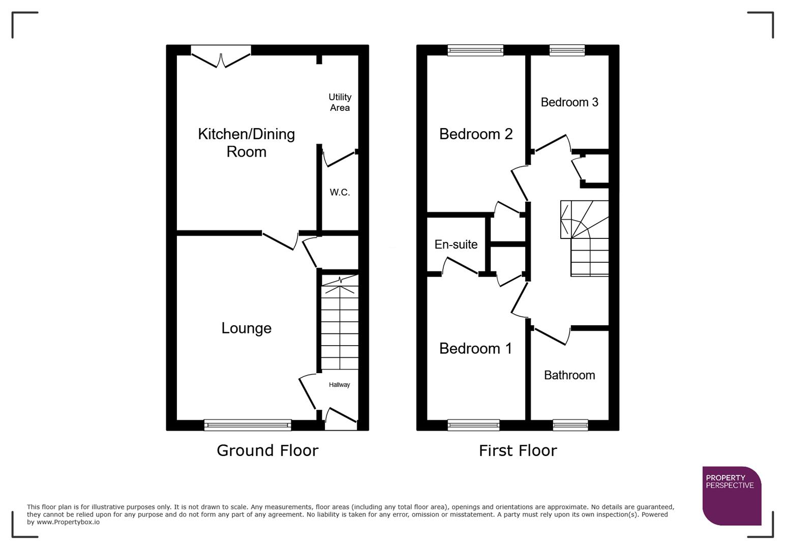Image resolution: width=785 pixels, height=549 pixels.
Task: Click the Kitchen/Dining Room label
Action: pos(246,143)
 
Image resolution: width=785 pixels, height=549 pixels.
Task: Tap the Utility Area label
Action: pos(340,102)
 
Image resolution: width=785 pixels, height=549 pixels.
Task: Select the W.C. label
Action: pos(340,192)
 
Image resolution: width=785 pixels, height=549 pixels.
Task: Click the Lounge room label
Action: pos(246,328)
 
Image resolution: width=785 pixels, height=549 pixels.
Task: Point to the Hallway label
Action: pos(339,385)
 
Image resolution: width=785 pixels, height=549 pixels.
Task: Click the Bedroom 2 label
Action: pos(475,134)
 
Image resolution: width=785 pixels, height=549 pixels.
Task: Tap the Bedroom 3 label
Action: pos(569,102)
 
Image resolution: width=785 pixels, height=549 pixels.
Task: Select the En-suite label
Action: pos(456,245)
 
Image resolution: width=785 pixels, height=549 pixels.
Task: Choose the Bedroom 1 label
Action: pos(475,349)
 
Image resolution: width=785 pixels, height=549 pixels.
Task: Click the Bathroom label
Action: pos(569,375)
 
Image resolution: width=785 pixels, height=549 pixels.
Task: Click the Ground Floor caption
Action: pos(267,450)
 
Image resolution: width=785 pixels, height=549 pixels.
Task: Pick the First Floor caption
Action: pos(518,450)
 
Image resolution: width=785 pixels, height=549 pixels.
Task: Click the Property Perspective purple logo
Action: pos(731,495)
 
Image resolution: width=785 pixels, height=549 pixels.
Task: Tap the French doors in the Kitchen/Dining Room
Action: pos(221,56)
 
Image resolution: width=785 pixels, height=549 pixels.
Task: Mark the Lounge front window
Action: pos(248,425)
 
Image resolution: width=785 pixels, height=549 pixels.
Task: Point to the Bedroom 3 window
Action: pos(567,50)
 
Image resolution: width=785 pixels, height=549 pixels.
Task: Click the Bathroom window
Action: pos(570,425)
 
